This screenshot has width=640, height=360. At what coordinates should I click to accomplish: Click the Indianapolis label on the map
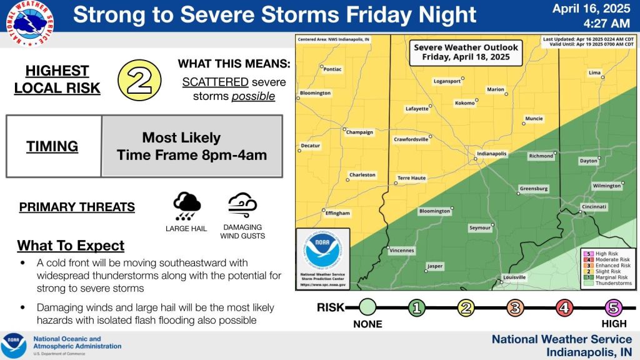(x=491, y=153)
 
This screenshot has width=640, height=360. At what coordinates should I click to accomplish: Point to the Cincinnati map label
(x=594, y=206)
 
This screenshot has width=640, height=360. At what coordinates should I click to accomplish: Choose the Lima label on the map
(x=594, y=73)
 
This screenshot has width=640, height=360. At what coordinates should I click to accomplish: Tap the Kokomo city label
(x=464, y=102)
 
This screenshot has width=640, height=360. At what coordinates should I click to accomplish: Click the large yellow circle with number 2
(x=139, y=80)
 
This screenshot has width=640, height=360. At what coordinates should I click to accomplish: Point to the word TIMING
(x=52, y=146)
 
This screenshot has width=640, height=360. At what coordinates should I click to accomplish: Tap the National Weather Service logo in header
(x=29, y=24)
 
